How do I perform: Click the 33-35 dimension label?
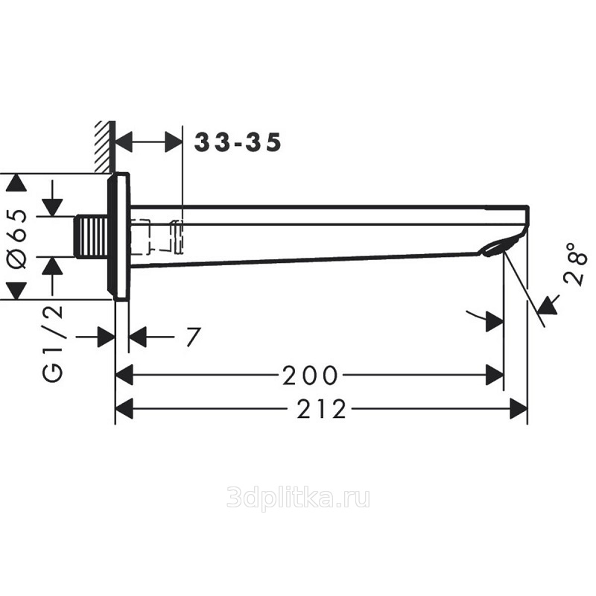pos(238,142)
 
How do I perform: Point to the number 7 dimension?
pos(194,337)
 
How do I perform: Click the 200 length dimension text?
pos(310,375)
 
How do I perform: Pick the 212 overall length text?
pos(322,409)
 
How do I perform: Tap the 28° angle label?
pos(575,264)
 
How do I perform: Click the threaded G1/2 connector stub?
pos(91,236)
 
